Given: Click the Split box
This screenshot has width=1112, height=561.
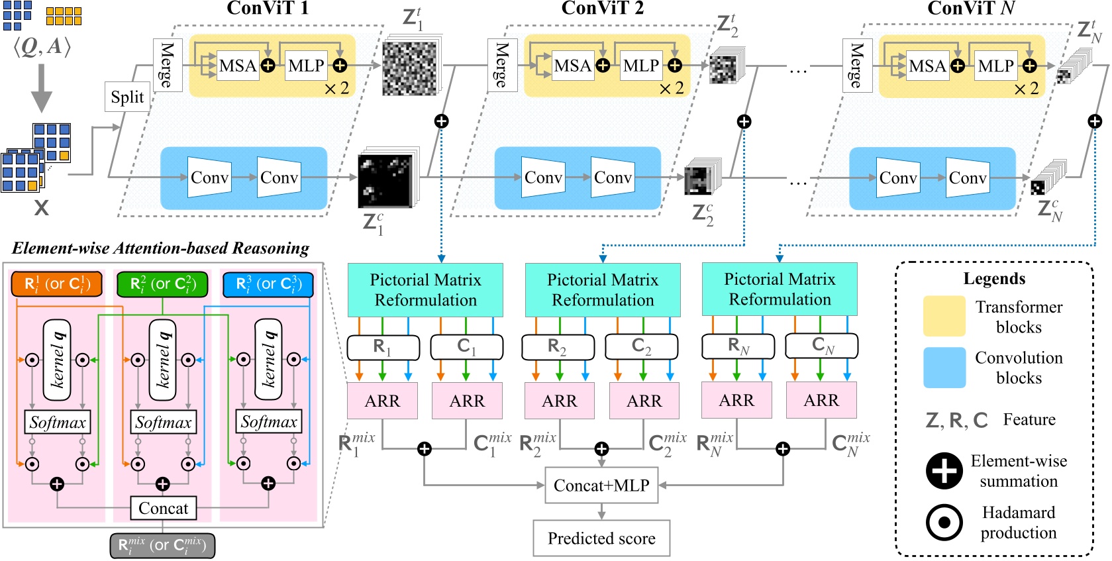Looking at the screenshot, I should tap(127, 97).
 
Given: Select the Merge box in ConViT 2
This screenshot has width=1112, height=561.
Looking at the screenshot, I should tap(502, 65).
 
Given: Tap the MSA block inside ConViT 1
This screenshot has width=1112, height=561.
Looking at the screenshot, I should tap(237, 66).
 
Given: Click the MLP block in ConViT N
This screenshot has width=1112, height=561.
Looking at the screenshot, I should tap(995, 66).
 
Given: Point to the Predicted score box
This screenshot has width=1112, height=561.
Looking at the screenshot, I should tap(601, 538).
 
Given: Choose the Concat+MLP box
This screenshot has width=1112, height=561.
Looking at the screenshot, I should tap(601, 485).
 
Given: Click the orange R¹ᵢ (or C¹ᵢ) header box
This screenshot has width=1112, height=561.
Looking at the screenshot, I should tap(56, 284).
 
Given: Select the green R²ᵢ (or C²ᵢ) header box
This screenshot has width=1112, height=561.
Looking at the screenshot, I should tap(162, 284).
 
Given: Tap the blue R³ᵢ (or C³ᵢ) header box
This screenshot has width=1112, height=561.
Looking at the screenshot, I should tap(268, 284).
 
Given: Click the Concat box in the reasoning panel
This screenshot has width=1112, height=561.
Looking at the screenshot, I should tap(163, 508).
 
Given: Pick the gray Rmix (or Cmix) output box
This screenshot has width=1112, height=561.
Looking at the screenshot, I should tap(162, 545).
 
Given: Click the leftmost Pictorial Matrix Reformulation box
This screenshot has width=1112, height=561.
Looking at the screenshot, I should tap(425, 289).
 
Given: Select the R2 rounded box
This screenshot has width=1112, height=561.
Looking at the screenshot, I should tap(557, 346).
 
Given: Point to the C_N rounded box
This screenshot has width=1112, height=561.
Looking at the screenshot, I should tap(821, 346).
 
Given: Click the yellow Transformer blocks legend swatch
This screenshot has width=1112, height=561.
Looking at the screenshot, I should tap(944, 317).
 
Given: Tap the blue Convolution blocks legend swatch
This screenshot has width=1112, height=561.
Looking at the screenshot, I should tap(944, 368).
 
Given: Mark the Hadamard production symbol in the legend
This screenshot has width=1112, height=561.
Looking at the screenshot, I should tap(944, 522).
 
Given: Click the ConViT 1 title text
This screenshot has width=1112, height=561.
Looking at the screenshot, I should tap(268, 9).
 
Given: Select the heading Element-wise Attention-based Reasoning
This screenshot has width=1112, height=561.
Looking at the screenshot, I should tap(160, 248).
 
